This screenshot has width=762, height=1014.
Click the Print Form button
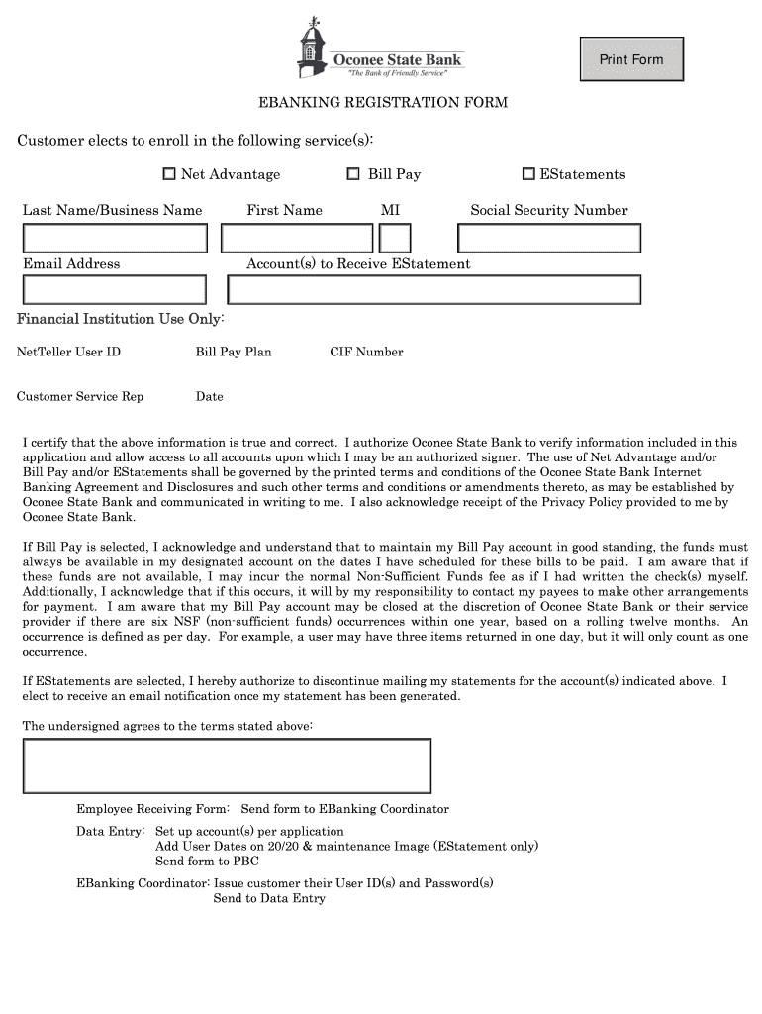(x=630, y=60)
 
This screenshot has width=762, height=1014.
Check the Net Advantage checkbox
(x=169, y=174)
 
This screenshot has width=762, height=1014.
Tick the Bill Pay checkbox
(x=353, y=174)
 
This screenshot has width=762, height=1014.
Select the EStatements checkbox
(x=528, y=174)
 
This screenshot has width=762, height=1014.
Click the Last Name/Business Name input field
(x=115, y=239)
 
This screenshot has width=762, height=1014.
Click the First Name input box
(x=296, y=239)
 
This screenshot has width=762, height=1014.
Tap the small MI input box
(x=395, y=239)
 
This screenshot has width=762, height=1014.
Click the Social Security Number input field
(x=549, y=239)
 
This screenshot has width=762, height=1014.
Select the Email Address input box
(x=115, y=289)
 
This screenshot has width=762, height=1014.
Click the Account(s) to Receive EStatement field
(x=433, y=289)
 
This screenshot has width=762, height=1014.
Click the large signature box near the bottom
(x=228, y=765)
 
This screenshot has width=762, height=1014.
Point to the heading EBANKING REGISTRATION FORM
(x=383, y=103)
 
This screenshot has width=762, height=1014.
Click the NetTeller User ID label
(x=68, y=352)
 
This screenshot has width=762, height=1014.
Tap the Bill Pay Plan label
(x=234, y=352)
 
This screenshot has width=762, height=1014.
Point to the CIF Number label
(x=366, y=352)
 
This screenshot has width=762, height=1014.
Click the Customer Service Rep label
(x=80, y=397)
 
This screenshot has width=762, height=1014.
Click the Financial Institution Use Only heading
(x=121, y=319)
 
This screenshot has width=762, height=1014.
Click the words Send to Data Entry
(x=269, y=898)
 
